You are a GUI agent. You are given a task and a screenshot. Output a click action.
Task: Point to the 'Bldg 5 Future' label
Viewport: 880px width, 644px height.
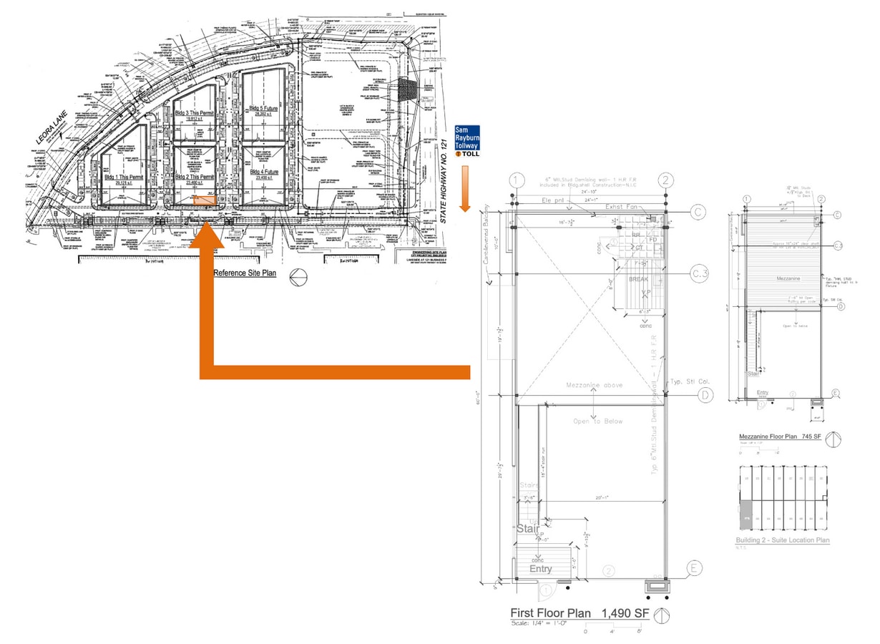(263, 108)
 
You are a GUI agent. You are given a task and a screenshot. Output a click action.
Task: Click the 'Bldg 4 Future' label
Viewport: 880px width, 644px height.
(263, 172)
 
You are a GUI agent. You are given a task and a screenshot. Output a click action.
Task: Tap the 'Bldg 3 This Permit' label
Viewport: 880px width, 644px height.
(192, 114)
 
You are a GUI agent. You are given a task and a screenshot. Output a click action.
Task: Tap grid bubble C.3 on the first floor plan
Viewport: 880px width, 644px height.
(699, 273)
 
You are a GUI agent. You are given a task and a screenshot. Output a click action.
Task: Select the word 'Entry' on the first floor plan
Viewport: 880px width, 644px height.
(541, 568)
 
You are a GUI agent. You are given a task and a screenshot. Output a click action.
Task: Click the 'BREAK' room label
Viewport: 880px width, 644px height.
(639, 279)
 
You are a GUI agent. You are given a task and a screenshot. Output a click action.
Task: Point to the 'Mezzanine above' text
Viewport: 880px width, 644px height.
(594, 385)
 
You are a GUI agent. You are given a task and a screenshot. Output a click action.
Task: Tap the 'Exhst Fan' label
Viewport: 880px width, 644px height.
(620, 207)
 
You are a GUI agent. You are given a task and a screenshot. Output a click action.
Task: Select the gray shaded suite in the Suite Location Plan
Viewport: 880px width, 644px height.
(745, 509)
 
